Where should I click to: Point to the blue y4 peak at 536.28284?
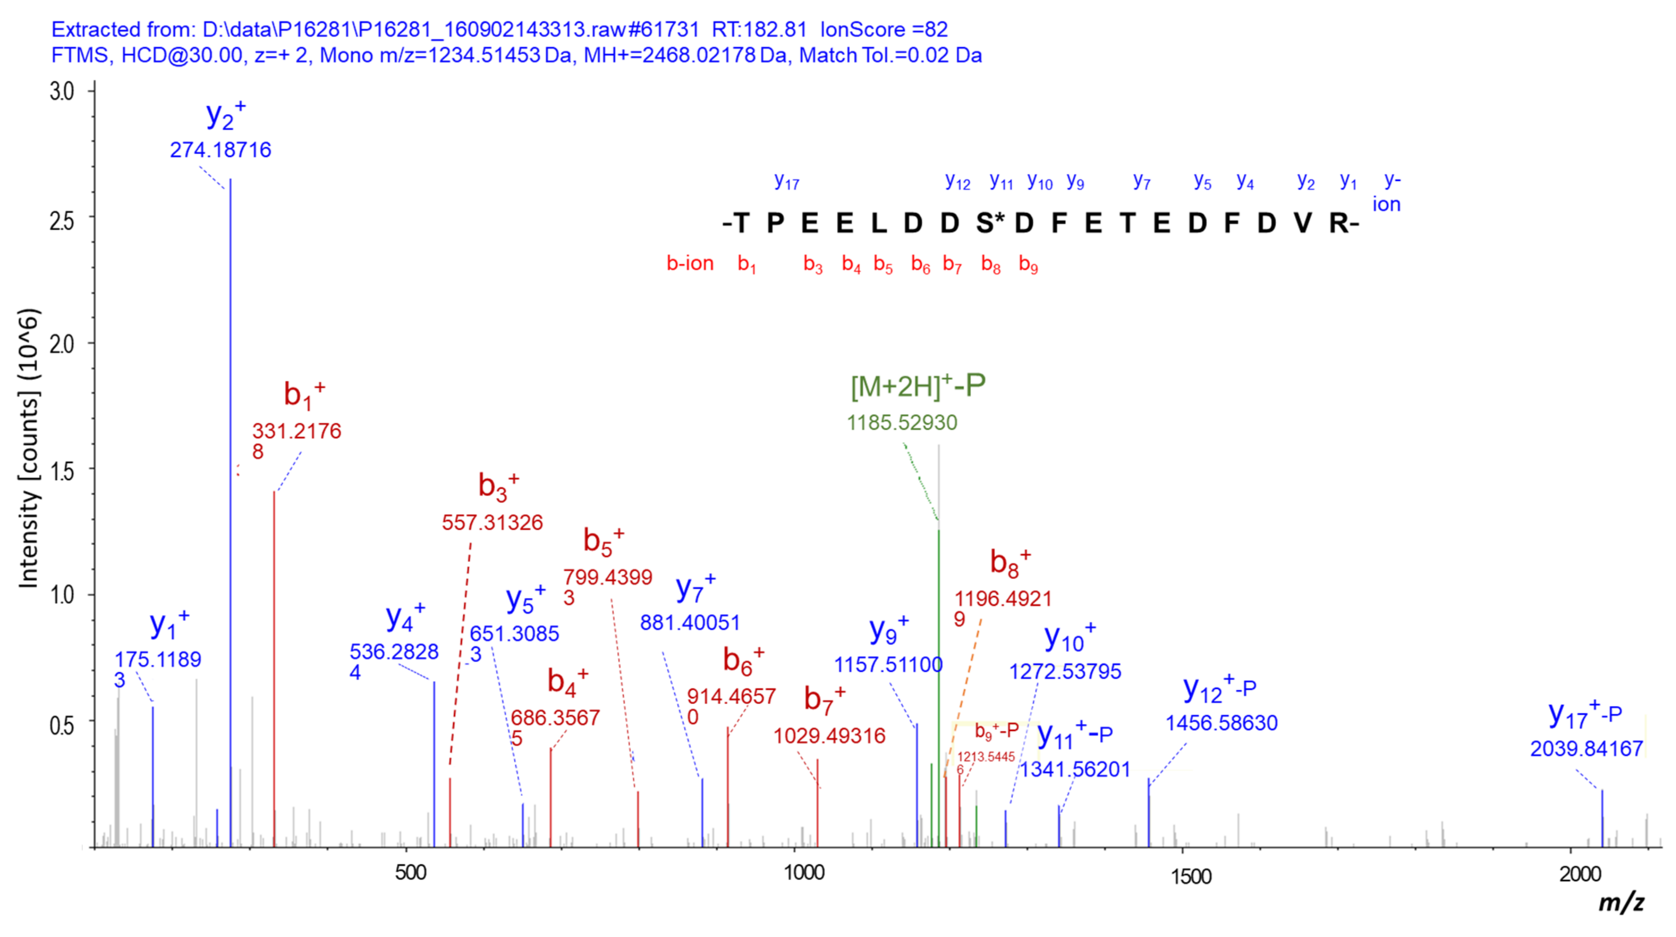(434, 761)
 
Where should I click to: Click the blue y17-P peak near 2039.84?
(1602, 817)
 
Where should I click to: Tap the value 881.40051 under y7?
(690, 623)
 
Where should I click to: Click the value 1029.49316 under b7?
(829, 736)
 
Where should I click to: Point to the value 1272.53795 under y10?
(1065, 671)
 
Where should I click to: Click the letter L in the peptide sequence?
(878, 223)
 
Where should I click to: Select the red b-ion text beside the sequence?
(690, 264)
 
